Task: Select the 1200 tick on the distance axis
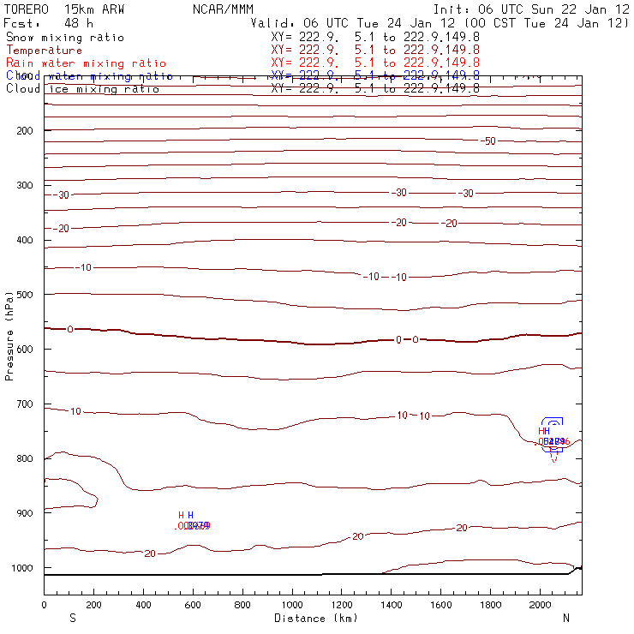(x=342, y=605)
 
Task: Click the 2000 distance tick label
(x=540, y=605)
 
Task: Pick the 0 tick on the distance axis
(x=44, y=605)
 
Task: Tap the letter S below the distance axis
(x=72, y=617)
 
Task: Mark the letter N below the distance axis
(x=565, y=617)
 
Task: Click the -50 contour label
(x=487, y=141)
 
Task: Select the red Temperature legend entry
(x=44, y=51)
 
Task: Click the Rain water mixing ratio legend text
(x=86, y=63)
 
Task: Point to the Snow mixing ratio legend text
(x=65, y=38)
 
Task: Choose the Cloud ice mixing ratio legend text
(x=82, y=89)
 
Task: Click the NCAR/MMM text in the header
(x=223, y=9)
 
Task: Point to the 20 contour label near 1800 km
(x=462, y=528)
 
